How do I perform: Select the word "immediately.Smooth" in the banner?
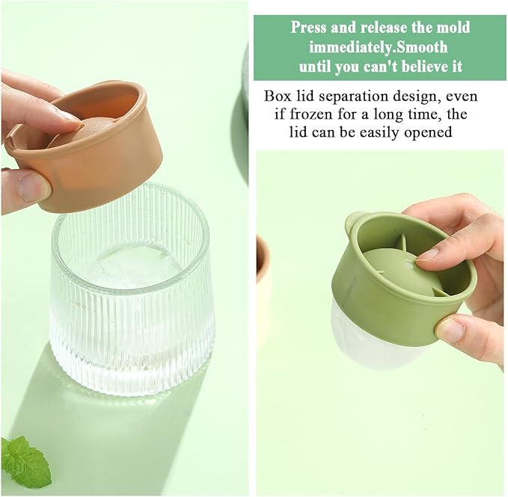pos(378,47)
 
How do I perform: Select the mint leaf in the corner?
pos(24,461)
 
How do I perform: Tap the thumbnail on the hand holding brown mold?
pos(31,188)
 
